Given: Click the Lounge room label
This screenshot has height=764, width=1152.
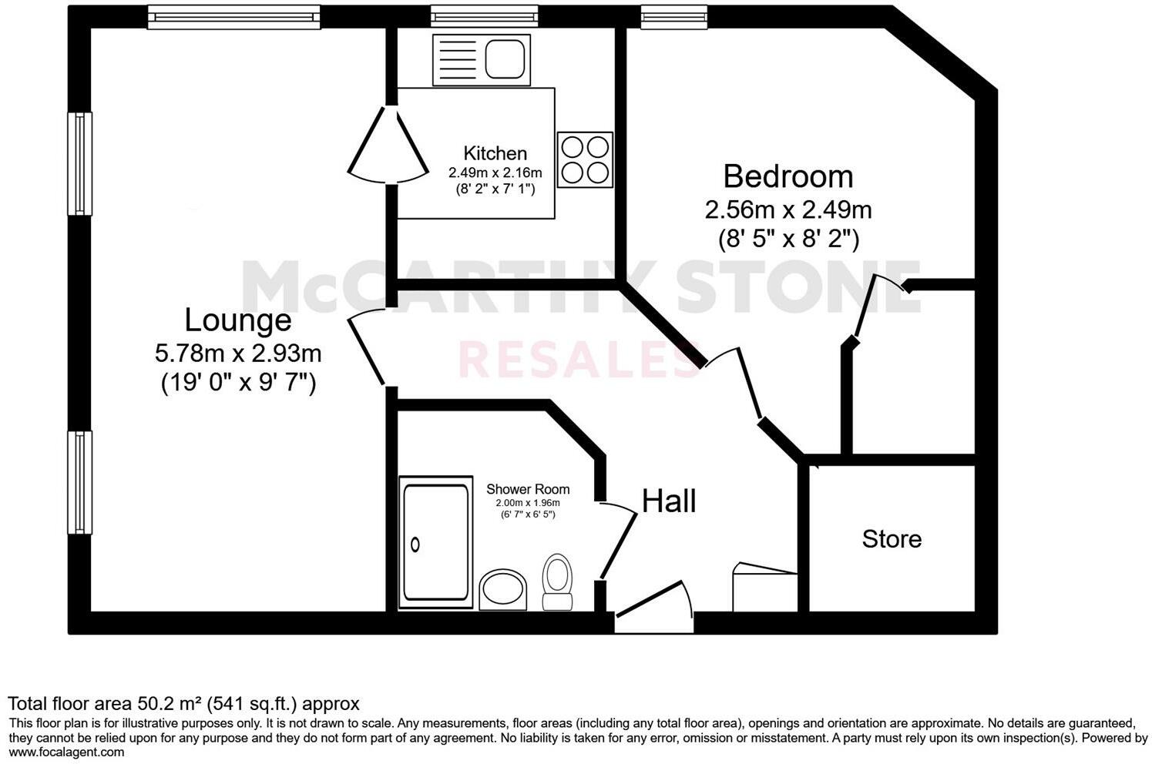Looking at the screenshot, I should tap(237, 320).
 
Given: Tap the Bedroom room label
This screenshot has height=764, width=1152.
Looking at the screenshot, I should tap(788, 176).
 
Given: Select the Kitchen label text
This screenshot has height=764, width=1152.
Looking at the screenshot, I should tap(495, 153).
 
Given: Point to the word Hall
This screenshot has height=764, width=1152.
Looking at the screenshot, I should tap(669, 501).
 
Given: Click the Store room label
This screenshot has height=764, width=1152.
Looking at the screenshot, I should tap(892, 538).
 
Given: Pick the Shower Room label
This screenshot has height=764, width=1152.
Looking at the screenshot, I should tap(528, 489).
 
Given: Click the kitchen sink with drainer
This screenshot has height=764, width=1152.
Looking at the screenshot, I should tap(481, 60).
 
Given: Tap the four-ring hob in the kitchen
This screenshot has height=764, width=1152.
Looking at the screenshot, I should tap(585, 160).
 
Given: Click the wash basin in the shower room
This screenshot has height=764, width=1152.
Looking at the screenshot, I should tap(503, 591).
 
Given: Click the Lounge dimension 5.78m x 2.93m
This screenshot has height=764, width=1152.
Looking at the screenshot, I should tap(238, 354).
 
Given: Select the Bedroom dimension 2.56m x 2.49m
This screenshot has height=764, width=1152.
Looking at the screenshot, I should tap(788, 209).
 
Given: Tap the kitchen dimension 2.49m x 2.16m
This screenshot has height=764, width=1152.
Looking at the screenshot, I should tap(495, 173).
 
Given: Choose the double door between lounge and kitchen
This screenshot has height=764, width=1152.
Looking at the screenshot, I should tap(388, 144).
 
